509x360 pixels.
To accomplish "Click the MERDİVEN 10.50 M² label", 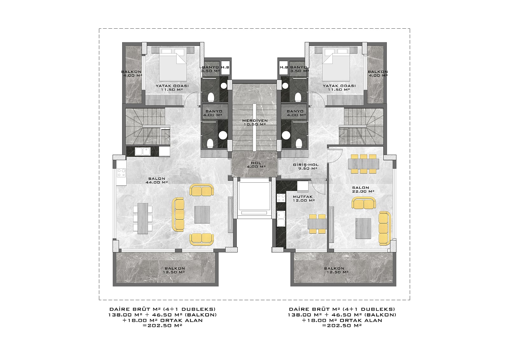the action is coord(255,122).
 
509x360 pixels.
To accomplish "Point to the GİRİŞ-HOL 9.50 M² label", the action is coord(306,166).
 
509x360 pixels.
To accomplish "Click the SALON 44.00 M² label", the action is coord(157,180).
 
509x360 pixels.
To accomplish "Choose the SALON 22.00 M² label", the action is coord(363,189).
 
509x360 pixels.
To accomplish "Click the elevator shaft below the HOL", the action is coord(254,198).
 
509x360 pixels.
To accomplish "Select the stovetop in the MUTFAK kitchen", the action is coord(281,198).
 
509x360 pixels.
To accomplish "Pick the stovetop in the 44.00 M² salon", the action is coord(121,173).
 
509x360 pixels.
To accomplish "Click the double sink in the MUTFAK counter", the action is coord(281,219).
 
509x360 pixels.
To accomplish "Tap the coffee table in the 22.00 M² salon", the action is coord(363,228).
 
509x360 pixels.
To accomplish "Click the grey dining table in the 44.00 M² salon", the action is coord(143,219).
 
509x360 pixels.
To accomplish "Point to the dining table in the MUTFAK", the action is coord(317,224).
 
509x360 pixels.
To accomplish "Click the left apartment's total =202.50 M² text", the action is coord(162,326).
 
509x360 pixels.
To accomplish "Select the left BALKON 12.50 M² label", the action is coord(175,270).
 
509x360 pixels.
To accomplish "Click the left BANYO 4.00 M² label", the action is coord(213,113).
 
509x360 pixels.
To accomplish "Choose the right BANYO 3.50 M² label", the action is coord(299,69).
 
